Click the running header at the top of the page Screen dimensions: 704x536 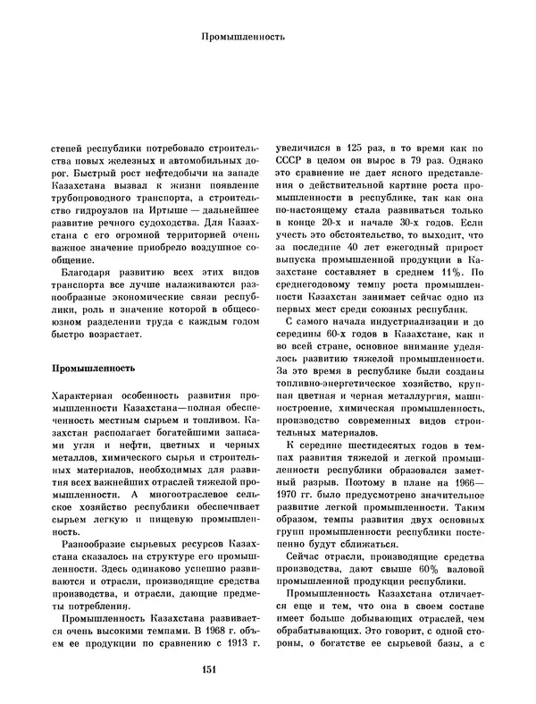pyautogui.click(x=243, y=38)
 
